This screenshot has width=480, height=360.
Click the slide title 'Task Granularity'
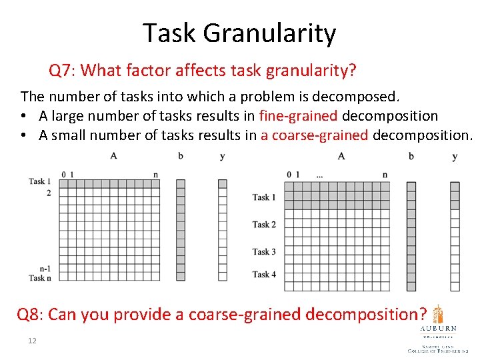point(239,33)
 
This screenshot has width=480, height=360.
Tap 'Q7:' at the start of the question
point(63,70)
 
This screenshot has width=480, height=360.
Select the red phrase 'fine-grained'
point(298,116)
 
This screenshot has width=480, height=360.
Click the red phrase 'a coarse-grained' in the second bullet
point(314,135)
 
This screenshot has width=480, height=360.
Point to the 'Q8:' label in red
point(30,314)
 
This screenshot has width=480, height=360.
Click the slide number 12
point(32,341)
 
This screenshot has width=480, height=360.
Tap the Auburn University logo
point(438,327)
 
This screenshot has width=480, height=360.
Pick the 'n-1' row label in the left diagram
point(45,269)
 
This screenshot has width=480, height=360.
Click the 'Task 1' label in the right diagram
point(264,197)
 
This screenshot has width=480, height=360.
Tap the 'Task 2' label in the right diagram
point(264,225)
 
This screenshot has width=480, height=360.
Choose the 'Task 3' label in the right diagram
point(264,252)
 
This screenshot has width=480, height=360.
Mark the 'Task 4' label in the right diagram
point(264,274)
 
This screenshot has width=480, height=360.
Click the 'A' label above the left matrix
point(113,156)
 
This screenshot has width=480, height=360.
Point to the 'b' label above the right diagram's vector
point(411,157)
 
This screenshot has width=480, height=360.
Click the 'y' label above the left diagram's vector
point(222,157)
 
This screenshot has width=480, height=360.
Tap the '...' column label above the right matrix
point(320,175)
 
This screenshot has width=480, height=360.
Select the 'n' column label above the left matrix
point(155,175)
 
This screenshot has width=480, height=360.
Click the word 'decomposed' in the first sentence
point(362,97)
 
